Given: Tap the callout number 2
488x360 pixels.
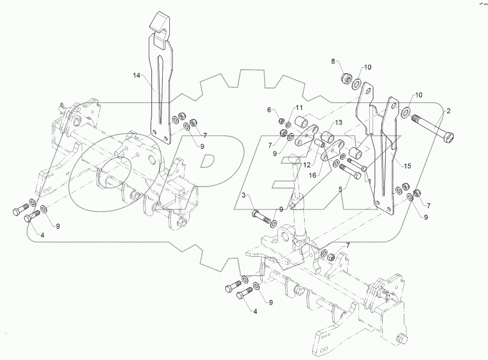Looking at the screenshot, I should tap(448, 110).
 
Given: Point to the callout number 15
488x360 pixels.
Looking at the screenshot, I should tap(407, 165).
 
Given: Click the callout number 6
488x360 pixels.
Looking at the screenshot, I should tap(269, 110).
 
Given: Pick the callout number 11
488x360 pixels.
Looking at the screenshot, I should tap(299, 108).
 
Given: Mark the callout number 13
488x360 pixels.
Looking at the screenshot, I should tap(338, 122).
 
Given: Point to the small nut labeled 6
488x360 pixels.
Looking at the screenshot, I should tap(282, 122).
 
